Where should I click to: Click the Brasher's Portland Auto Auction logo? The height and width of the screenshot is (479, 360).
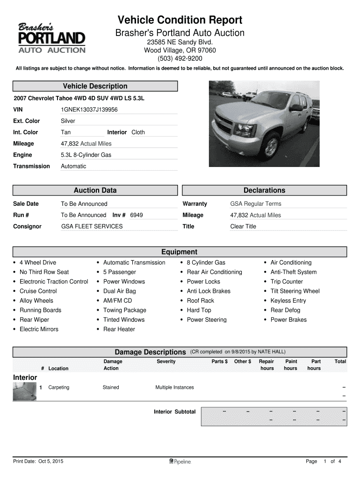(x=51, y=38)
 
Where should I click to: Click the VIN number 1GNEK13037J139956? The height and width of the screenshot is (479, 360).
(x=89, y=109)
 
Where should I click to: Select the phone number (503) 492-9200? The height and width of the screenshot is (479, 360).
(x=180, y=58)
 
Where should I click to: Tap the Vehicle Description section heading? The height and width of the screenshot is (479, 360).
(x=95, y=86)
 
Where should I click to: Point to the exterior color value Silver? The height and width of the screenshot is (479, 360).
(x=68, y=121)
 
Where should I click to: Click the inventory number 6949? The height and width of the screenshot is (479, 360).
(x=137, y=215)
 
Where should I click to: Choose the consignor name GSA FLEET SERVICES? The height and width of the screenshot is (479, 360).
(x=92, y=226)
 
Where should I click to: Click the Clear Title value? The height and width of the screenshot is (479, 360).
(x=243, y=226)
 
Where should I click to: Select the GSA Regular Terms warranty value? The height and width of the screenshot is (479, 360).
(x=256, y=204)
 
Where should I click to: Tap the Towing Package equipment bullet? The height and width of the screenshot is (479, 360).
(x=124, y=310)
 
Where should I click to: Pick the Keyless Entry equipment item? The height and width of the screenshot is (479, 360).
(x=288, y=301)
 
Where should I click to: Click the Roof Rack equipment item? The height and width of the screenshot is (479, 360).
(x=200, y=301)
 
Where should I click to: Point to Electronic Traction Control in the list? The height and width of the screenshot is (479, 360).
(x=54, y=282)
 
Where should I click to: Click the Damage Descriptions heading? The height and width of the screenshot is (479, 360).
(x=150, y=352)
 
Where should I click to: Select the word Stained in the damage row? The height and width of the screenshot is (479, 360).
(x=111, y=387)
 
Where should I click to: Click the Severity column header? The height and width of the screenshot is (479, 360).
(x=166, y=362)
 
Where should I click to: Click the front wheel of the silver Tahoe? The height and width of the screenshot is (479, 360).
(x=271, y=146)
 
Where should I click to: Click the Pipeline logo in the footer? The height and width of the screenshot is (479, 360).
(x=180, y=462)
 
